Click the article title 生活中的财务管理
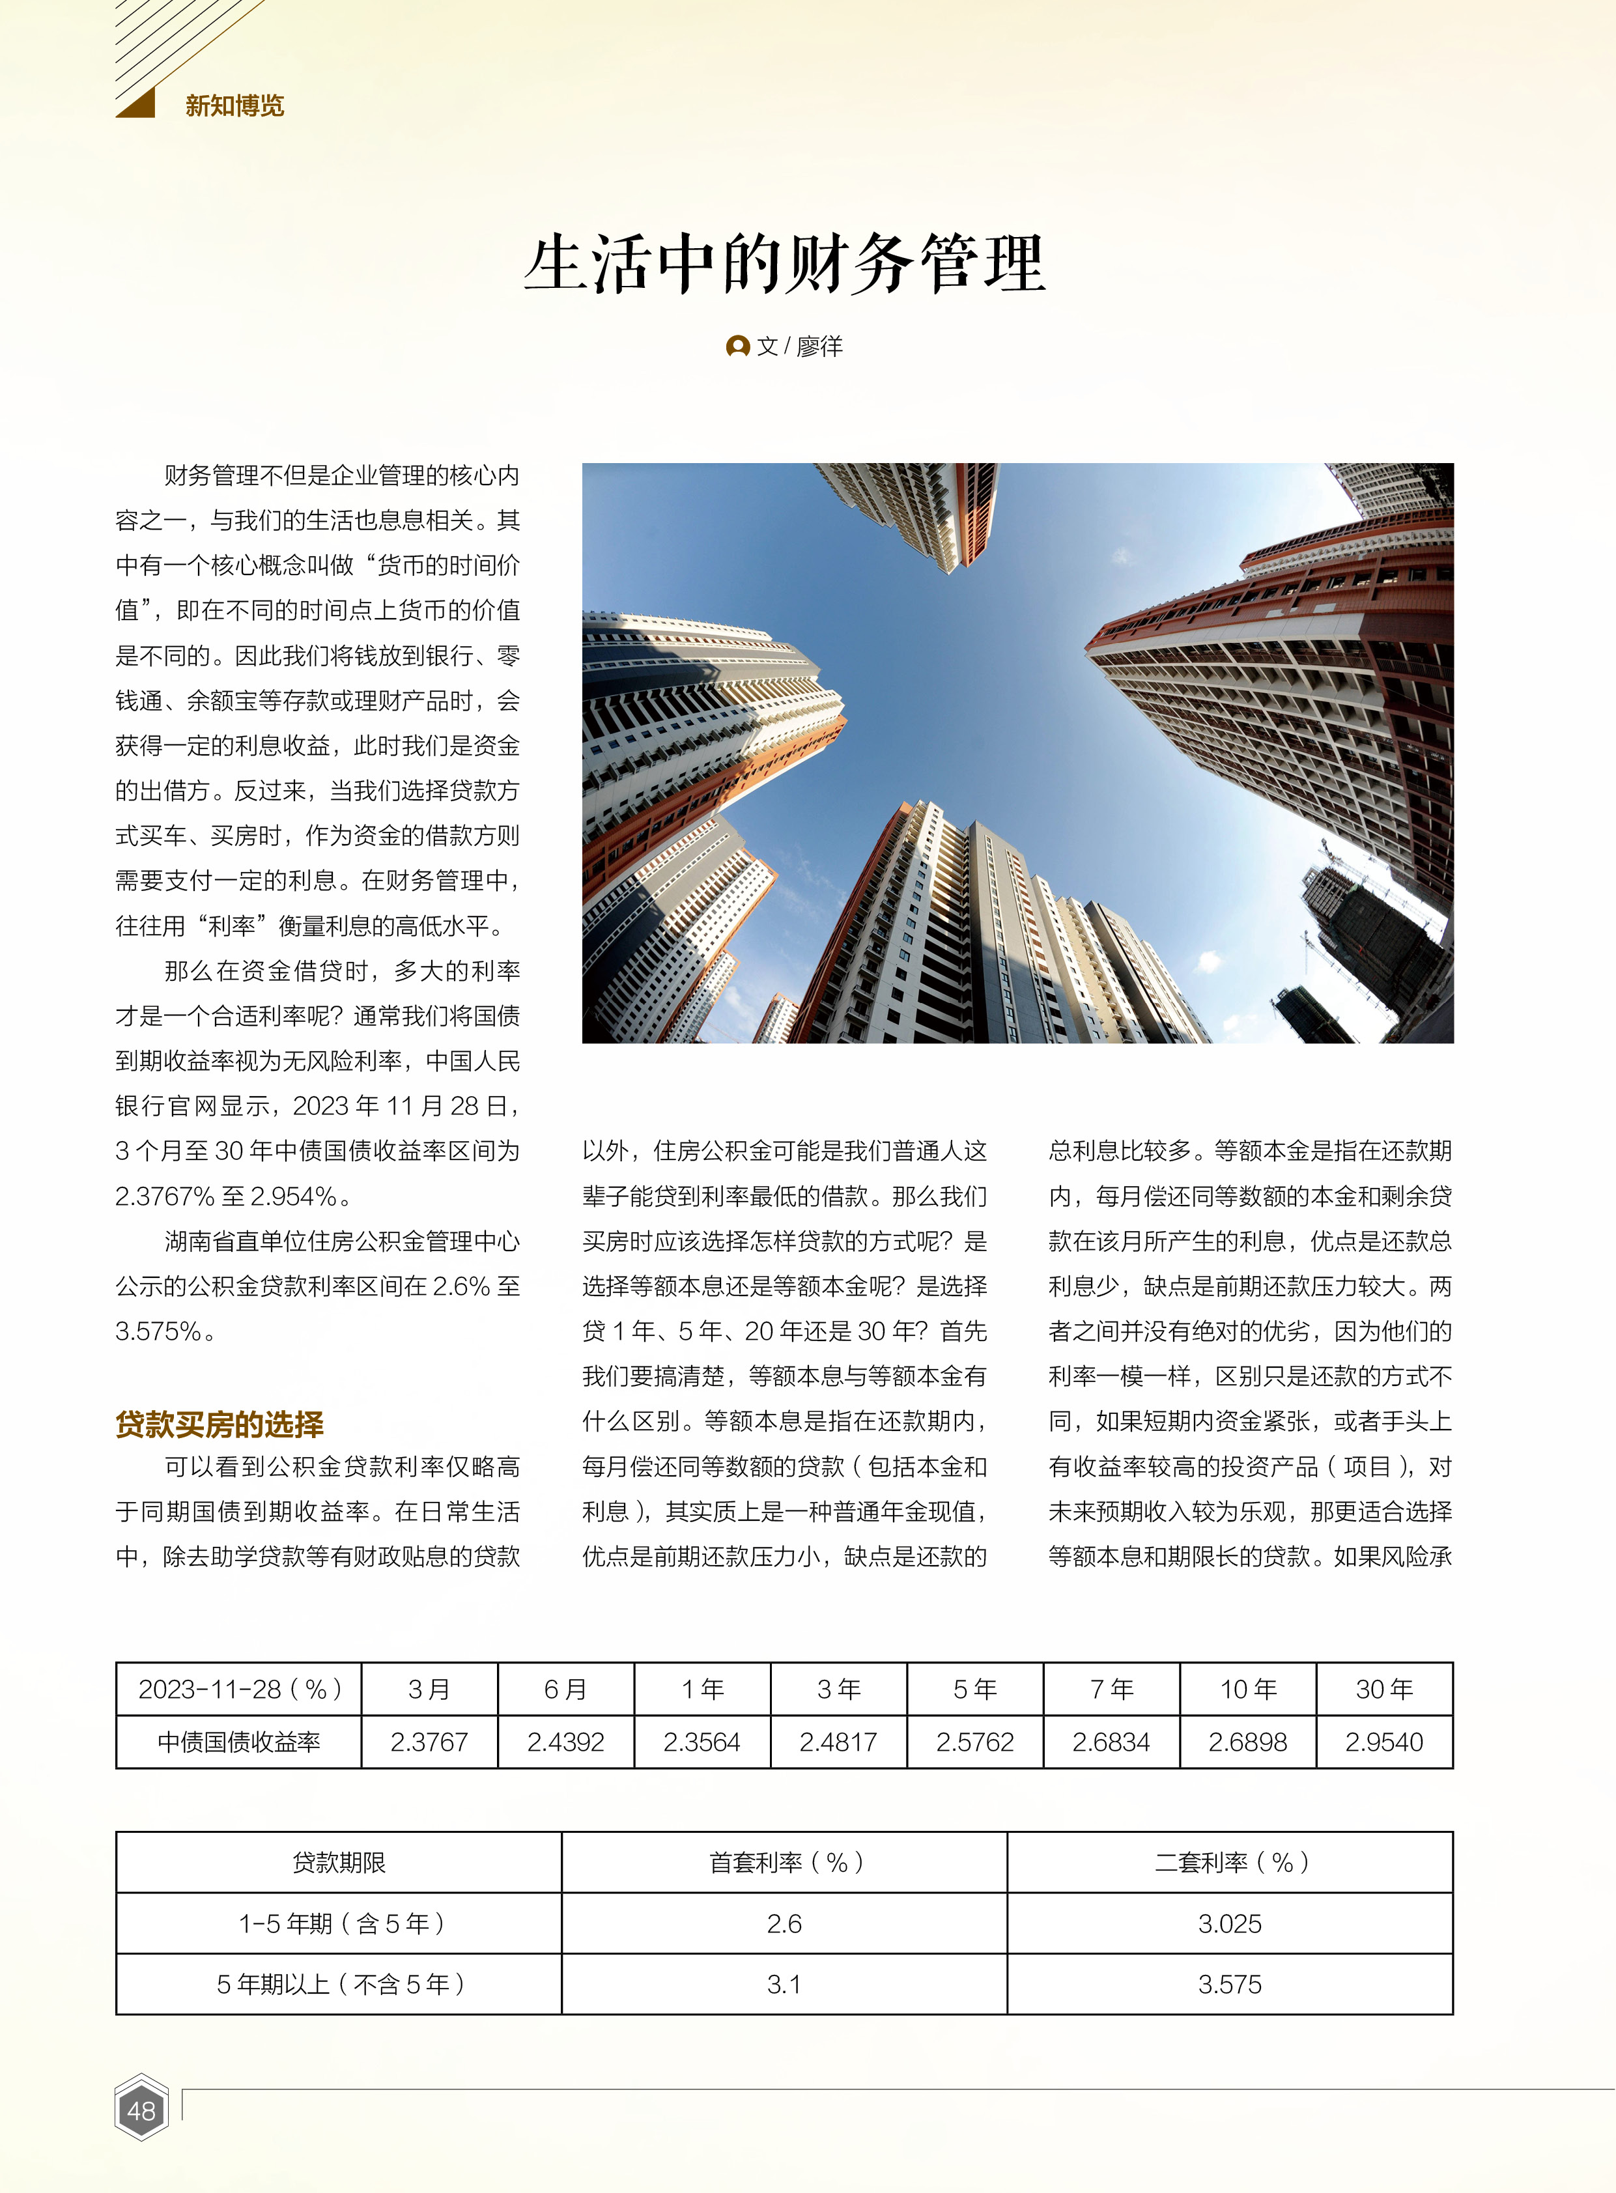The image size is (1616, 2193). [x=784, y=264]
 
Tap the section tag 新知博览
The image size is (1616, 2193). [x=234, y=106]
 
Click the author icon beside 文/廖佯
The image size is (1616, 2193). [x=737, y=347]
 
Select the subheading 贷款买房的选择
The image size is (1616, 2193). [x=219, y=1424]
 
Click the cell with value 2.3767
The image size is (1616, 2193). [x=429, y=1742]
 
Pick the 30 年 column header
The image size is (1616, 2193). [x=1384, y=1690]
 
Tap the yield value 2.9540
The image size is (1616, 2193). [x=1384, y=1742]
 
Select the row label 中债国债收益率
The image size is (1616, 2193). [x=238, y=1742]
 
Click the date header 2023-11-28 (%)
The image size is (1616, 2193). [x=238, y=1690]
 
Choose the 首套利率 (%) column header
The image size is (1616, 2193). [x=784, y=1862]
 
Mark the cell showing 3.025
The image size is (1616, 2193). [x=1230, y=1924]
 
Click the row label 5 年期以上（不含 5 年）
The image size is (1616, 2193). [x=339, y=1985]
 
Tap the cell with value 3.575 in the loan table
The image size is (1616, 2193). [x=1230, y=1985]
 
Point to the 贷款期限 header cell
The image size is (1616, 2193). [x=339, y=1862]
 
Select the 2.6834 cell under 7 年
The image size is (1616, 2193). [x=1111, y=1742]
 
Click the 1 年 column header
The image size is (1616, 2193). [x=702, y=1690]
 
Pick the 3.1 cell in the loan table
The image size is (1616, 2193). [x=784, y=1985]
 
